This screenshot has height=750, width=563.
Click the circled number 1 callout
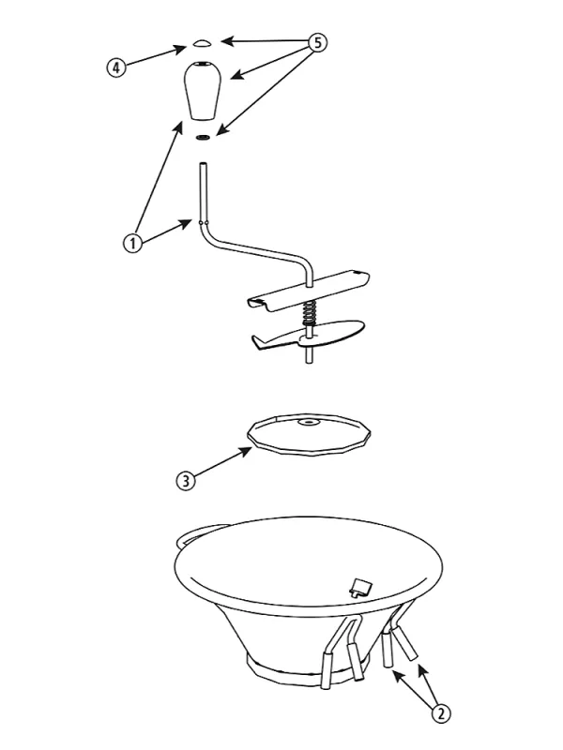tap(132, 243)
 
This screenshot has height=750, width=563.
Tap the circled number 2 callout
tap(441, 713)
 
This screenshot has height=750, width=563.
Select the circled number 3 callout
tap(186, 480)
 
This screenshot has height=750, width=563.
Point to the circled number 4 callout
tap(115, 67)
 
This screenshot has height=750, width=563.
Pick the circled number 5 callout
tap(317, 42)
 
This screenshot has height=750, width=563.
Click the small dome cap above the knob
tap(202, 43)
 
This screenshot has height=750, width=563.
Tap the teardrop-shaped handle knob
tap(203, 90)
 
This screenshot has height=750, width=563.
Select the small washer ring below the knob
tap(203, 138)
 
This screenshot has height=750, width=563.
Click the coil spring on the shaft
tap(310, 313)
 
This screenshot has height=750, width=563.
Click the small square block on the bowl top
tap(360, 587)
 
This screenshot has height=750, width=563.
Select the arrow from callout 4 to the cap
tap(156, 55)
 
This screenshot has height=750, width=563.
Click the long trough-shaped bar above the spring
tap(309, 291)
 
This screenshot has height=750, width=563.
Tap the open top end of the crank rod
tap(203, 164)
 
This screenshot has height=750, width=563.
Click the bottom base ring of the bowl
tap(307, 669)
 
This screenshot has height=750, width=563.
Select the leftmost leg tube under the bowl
tap(326, 668)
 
